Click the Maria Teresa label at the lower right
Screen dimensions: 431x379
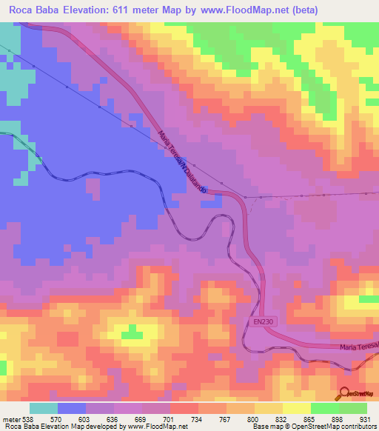point(358,347)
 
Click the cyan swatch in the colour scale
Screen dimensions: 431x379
point(44,408)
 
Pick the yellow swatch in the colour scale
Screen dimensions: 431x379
point(297,408)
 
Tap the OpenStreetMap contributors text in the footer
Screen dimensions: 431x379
point(326,426)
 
